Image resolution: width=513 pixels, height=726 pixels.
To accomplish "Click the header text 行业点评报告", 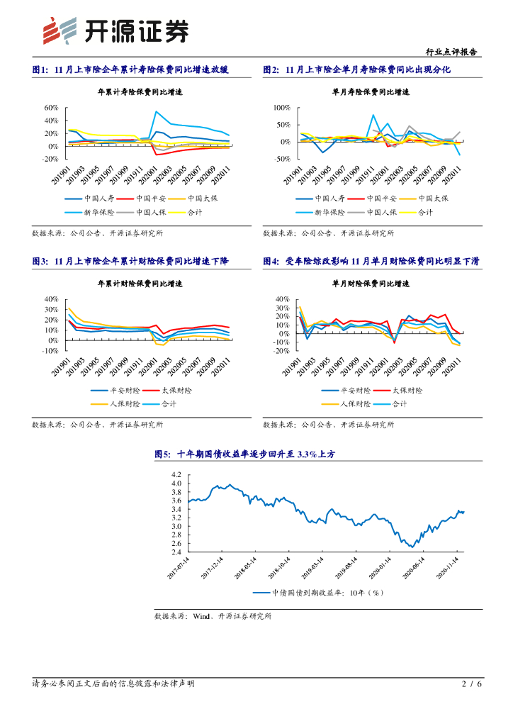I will tap(450, 52).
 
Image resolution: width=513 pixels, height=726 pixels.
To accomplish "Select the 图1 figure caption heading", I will tap(142, 69).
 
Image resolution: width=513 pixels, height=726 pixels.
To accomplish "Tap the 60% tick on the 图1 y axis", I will tap(51, 108).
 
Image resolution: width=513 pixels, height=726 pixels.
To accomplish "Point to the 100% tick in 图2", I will tap(281, 108).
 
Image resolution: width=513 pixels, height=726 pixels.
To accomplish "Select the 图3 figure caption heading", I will tap(140, 261).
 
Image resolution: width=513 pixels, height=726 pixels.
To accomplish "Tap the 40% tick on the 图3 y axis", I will tap(51, 299).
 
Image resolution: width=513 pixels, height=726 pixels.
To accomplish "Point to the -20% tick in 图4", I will tap(281, 351).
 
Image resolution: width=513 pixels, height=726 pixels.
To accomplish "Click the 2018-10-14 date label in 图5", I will tap(278, 568).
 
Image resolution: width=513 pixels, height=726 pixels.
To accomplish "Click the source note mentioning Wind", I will tap(213, 616).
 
